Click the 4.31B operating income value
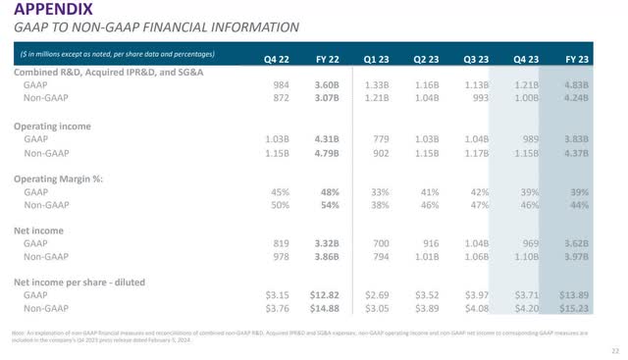tap(330, 140)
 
